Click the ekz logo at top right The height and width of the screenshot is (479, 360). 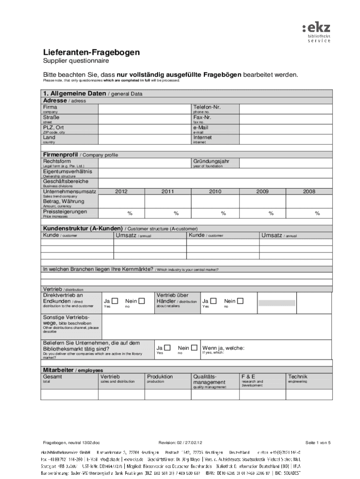click(317, 31)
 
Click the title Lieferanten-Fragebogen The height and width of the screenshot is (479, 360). click(91, 52)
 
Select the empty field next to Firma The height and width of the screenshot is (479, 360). click(145, 109)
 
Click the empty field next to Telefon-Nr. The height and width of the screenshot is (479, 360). click(285, 109)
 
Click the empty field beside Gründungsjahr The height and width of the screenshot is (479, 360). click(285, 163)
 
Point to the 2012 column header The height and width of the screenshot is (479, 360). click(121, 191)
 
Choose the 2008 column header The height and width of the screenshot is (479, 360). click(309, 191)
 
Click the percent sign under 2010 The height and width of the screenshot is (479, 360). click(223, 213)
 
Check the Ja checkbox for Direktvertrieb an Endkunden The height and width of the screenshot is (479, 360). click(115, 301)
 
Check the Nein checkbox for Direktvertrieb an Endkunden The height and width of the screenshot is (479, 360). click(142, 301)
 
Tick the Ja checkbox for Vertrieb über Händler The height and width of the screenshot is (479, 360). click(213, 301)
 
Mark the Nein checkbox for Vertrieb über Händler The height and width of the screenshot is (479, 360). click(240, 301)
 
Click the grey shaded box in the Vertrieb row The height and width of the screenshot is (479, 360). click(277, 302)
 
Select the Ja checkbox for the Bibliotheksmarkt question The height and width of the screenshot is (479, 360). click(167, 348)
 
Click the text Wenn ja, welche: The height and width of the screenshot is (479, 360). click(223, 348)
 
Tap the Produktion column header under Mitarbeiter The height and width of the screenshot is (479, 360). click(160, 377)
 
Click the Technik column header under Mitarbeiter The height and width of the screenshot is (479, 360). click(298, 377)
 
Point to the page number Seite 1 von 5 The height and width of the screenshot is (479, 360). click(317, 442)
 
